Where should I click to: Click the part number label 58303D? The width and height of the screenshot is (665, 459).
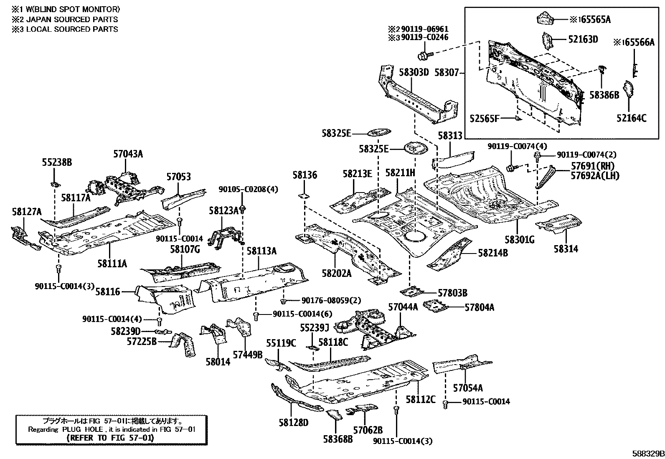pos(414,72)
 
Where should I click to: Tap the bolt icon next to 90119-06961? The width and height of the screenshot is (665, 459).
pos(422,55)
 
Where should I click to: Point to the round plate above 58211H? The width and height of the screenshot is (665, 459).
pos(416,148)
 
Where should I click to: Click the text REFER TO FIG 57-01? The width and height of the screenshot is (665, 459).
pos(110,438)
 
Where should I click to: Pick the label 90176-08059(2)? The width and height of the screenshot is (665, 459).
pos(325,300)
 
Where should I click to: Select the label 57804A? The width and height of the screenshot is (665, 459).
pos(479,307)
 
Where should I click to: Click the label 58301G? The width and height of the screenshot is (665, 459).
pos(519,239)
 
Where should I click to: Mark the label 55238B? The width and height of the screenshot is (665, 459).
pos(57,162)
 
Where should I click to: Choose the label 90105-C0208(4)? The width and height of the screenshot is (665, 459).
pos(248,189)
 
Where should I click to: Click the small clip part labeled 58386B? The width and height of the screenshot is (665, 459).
pos(602,69)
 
